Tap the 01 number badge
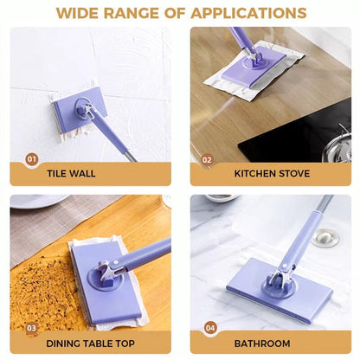[32, 158]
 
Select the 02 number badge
[207, 159]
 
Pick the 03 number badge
[32, 327]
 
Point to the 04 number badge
[209, 327]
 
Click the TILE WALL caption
[72, 173]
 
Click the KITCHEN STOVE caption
[271, 173]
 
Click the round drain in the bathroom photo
[326, 237]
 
